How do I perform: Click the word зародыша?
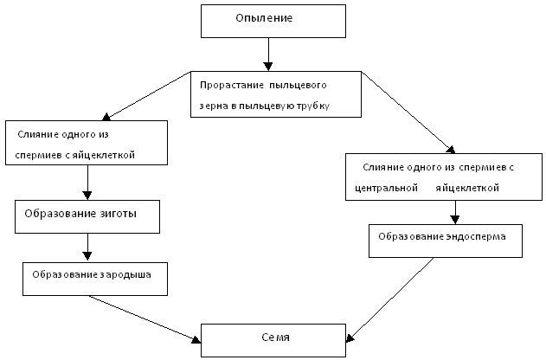(123, 274)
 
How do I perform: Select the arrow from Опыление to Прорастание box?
(268, 55)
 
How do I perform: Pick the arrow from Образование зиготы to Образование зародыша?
(87, 247)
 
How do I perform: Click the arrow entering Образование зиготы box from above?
(87, 183)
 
